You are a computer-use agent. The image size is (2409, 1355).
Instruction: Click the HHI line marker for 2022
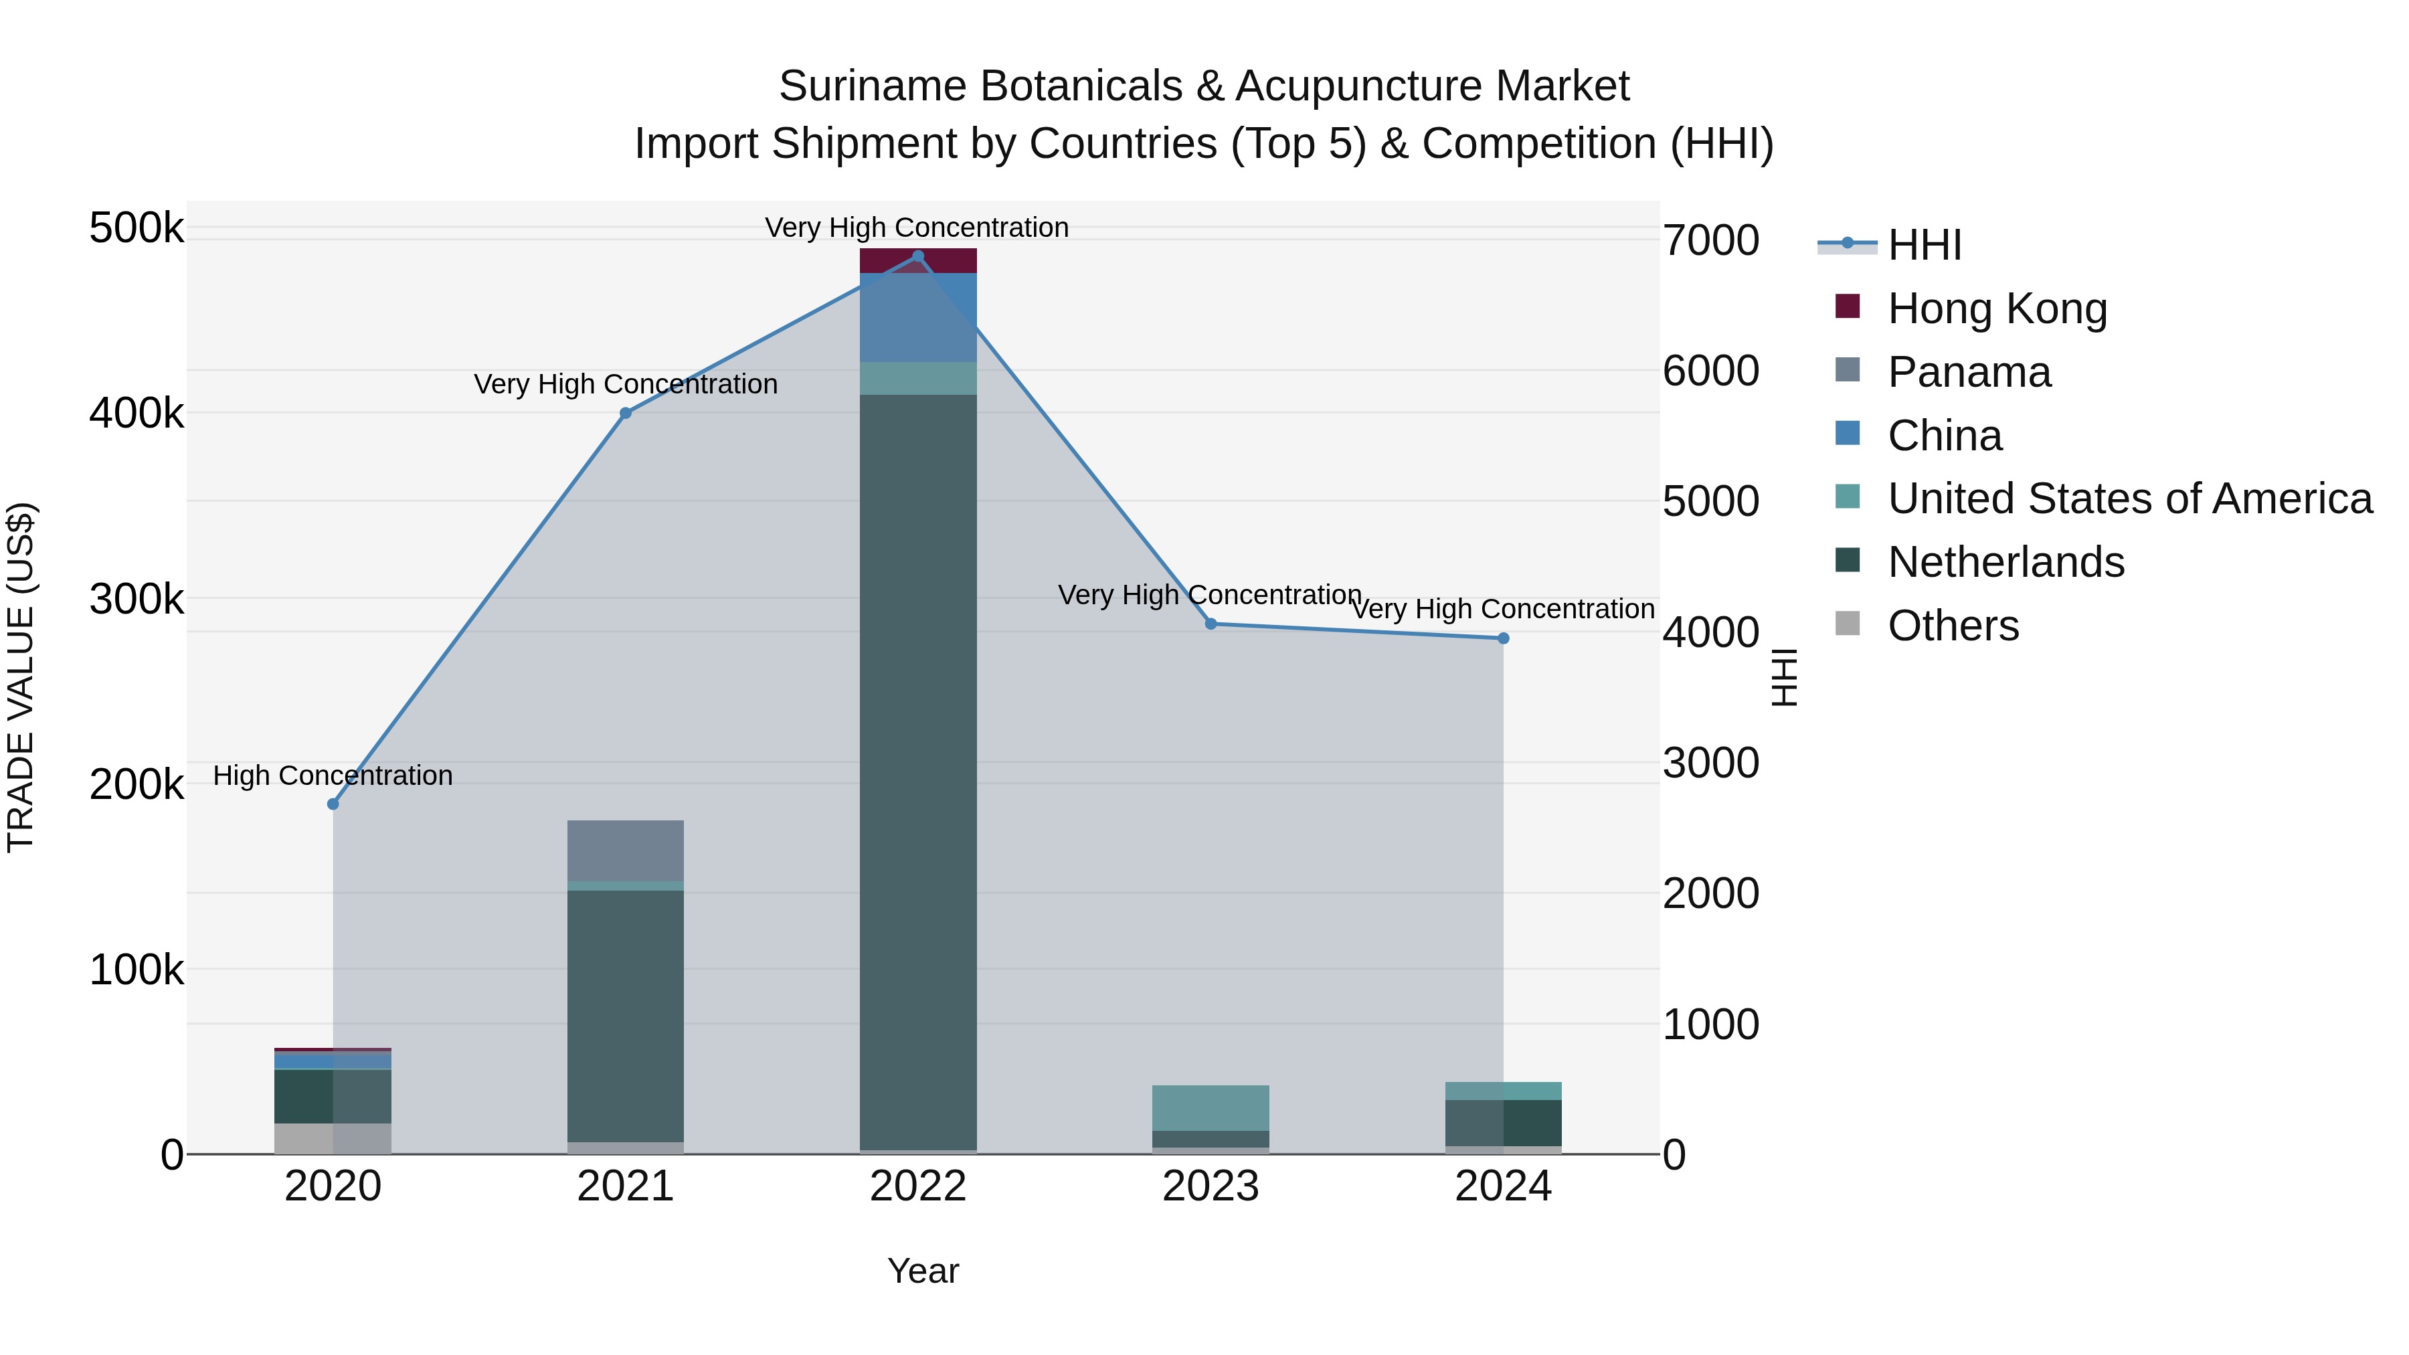917,256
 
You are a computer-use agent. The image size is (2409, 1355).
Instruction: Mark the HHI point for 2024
1503,639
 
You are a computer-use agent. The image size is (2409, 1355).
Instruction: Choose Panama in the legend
1969,372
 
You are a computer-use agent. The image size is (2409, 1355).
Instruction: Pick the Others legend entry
1953,626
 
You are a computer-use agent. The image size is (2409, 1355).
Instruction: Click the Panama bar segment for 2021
626,850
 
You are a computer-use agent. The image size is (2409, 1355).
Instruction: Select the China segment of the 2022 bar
917,318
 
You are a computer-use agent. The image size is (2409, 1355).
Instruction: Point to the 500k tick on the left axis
137,228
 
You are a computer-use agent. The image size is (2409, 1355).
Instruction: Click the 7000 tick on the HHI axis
1710,240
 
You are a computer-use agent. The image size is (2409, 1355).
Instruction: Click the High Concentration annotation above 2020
333,776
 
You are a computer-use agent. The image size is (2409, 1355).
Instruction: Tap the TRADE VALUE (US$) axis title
21,677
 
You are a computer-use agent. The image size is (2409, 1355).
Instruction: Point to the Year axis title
923,1271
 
